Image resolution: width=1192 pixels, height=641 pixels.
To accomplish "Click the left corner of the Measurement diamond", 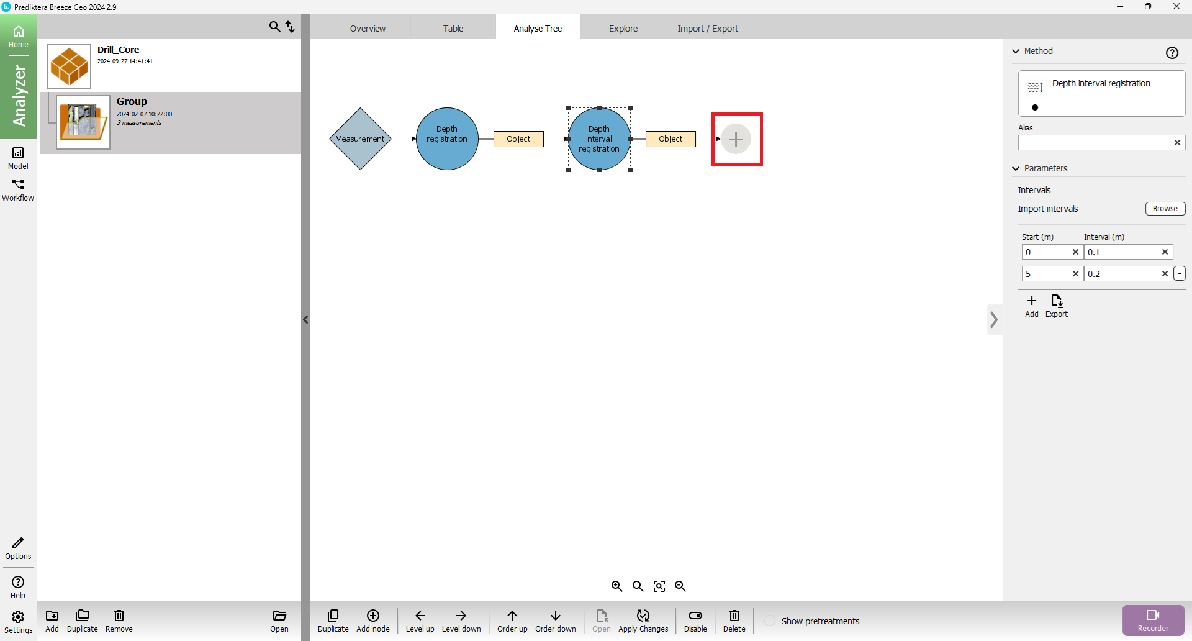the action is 329,139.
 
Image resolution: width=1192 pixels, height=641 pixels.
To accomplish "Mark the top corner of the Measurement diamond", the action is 360,108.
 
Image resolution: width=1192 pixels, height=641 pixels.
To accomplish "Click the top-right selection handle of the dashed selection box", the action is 631,108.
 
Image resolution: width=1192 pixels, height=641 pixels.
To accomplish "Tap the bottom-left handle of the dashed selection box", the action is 569,170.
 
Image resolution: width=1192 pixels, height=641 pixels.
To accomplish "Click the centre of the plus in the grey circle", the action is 736,139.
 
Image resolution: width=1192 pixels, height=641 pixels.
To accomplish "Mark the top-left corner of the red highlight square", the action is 712,114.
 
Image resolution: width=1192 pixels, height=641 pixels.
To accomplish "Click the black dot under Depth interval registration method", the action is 1035,107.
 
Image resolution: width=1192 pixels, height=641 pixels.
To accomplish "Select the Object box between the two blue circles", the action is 518,139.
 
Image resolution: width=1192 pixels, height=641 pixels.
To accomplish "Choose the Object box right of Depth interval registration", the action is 670,139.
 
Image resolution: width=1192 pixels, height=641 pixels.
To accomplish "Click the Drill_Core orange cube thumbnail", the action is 69,66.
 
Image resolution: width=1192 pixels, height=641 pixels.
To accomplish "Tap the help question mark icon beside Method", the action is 1172,53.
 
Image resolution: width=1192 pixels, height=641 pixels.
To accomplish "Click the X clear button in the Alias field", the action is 1177,143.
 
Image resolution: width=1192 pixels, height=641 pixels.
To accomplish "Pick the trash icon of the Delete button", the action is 734,616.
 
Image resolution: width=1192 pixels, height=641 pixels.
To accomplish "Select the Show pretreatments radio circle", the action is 770,621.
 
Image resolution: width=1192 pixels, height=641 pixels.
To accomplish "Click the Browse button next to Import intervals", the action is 1165,209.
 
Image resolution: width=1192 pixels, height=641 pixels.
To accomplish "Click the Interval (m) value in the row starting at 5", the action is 1094,274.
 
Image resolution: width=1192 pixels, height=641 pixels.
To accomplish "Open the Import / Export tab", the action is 708,29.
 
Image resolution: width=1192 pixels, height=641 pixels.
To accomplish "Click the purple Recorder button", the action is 1154,620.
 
